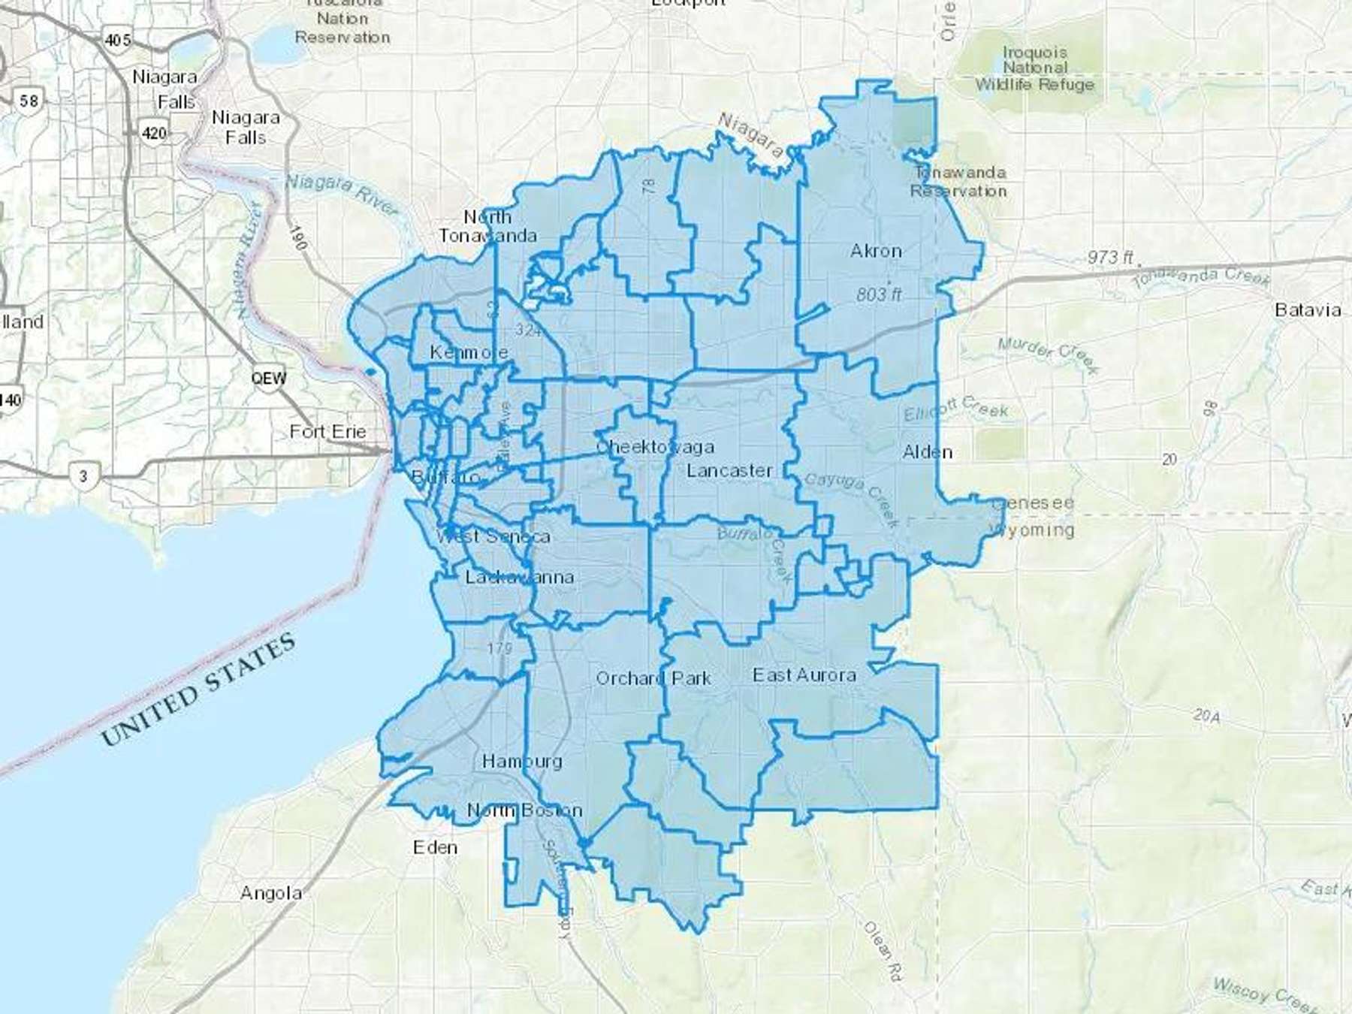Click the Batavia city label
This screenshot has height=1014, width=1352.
pyautogui.click(x=1308, y=310)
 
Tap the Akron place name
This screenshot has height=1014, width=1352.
pyautogui.click(x=876, y=251)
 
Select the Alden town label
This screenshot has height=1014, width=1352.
pyautogui.click(x=927, y=452)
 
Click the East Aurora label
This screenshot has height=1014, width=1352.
pyautogui.click(x=804, y=675)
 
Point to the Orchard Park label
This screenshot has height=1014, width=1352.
pyautogui.click(x=653, y=678)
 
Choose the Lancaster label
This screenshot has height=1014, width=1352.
pyautogui.click(x=729, y=471)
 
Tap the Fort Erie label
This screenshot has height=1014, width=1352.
pyautogui.click(x=327, y=432)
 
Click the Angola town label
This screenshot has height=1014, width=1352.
pyautogui.click(x=271, y=893)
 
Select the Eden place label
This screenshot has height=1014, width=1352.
pyautogui.click(x=435, y=847)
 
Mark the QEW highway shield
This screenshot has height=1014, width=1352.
pyautogui.click(x=268, y=378)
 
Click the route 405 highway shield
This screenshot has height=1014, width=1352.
pyautogui.click(x=117, y=40)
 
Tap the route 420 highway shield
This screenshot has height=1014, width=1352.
pyautogui.click(x=153, y=133)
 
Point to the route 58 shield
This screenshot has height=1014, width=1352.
pyautogui.click(x=29, y=100)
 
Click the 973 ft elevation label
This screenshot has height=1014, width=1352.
pyautogui.click(x=1109, y=257)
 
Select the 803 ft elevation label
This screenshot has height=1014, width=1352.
pyautogui.click(x=878, y=294)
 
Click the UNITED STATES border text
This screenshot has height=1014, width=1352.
pyautogui.click(x=198, y=690)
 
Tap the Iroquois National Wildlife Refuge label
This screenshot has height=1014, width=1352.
pyautogui.click(x=1034, y=68)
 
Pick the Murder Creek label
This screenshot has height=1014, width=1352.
pyautogui.click(x=1047, y=355)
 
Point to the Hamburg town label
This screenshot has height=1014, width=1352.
pyautogui.click(x=521, y=761)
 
